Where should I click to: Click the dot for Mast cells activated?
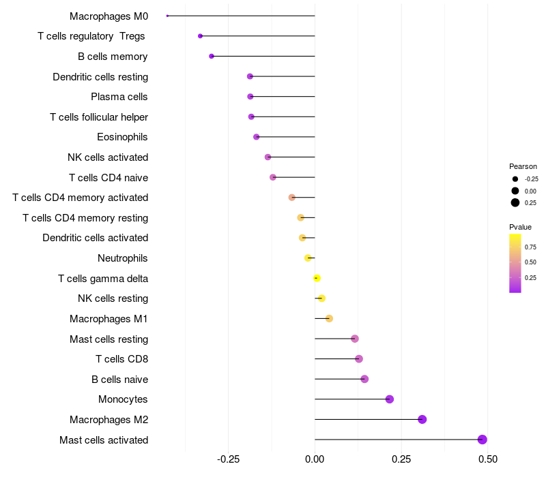tap(483, 440)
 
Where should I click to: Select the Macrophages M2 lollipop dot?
tap(422, 419)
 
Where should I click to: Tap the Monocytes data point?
tap(390, 399)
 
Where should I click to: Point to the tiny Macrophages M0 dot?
tap(167, 16)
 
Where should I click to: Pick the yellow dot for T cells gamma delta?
tap(317, 278)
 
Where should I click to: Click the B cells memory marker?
tap(212, 56)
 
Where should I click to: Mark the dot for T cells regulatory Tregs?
tap(200, 36)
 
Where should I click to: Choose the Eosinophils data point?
tap(257, 137)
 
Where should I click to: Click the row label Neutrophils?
tap(123, 258)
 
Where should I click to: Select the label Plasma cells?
tap(119, 97)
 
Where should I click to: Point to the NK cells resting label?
tap(113, 298)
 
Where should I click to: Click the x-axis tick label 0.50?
tap(488, 459)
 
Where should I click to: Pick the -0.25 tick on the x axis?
tap(228, 459)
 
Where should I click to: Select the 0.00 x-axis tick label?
tap(315, 459)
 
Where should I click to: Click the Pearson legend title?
tap(523, 166)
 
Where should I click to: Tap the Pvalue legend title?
tap(520, 227)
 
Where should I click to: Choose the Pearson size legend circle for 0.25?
tap(515, 202)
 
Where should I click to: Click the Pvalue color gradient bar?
tap(515, 263)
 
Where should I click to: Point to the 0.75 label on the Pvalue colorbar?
tap(530, 247)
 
